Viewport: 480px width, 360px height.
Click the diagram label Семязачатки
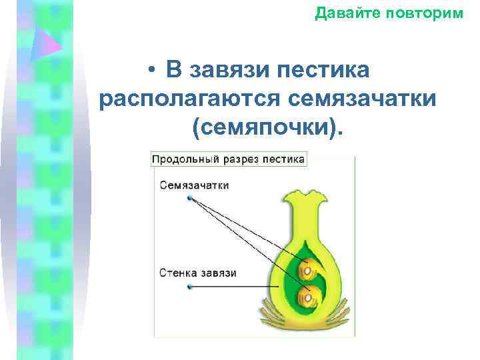pyautogui.click(x=194, y=185)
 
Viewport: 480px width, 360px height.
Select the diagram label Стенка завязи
pyautogui.click(x=198, y=273)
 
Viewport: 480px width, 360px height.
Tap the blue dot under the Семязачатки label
pyautogui.click(x=191, y=199)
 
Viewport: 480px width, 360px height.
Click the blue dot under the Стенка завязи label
pyautogui.click(x=191, y=287)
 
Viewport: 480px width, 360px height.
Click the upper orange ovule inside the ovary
pyautogui.click(x=307, y=269)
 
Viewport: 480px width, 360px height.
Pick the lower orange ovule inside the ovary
pyautogui.click(x=308, y=294)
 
